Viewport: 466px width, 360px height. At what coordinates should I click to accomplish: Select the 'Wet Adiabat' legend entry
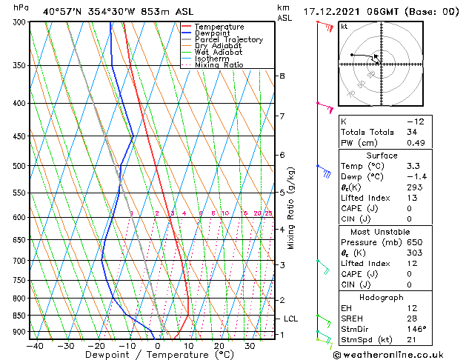click(218, 52)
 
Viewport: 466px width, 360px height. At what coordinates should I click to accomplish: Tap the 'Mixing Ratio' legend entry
click(219, 64)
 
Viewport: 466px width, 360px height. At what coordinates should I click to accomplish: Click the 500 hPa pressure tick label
click(19, 166)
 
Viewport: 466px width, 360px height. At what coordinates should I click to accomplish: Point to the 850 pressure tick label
click(19, 316)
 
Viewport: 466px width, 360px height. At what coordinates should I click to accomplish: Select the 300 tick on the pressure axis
click(19, 22)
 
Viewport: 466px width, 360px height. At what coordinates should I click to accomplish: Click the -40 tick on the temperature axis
click(34, 346)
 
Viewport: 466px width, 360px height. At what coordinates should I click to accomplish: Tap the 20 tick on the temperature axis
click(219, 346)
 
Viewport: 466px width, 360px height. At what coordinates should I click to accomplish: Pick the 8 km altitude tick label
click(282, 76)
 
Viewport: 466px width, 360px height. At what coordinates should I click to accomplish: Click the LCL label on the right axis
click(291, 319)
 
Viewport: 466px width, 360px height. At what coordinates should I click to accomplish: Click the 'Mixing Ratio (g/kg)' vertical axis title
click(290, 208)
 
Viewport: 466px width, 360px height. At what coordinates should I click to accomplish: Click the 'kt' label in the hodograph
click(344, 26)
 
